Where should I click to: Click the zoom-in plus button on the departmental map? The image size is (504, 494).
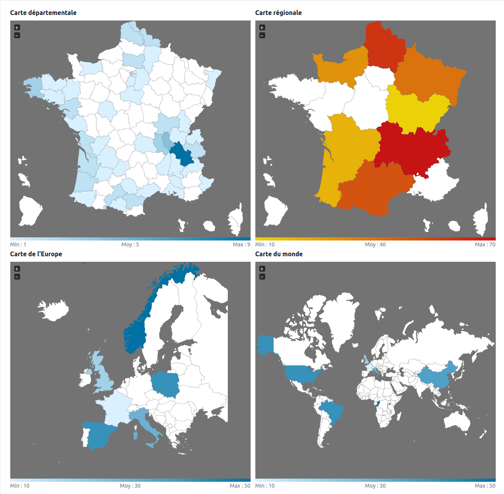pyautogui.click(x=17, y=28)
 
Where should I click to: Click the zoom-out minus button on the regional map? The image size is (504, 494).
pyautogui.click(x=262, y=35)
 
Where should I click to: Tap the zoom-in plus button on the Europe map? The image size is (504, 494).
pyautogui.click(x=17, y=269)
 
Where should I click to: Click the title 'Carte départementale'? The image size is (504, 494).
pyautogui.click(x=43, y=13)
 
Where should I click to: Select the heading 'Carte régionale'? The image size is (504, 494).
pyautogui.click(x=278, y=13)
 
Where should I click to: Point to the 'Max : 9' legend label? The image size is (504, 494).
pyautogui.click(x=241, y=244)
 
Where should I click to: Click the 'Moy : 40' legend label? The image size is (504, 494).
pyautogui.click(x=375, y=244)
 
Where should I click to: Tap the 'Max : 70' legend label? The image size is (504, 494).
pyautogui.click(x=485, y=244)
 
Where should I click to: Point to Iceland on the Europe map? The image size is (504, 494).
pyautogui.click(x=54, y=310)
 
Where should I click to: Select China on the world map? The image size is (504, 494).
pyautogui.click(x=435, y=377)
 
